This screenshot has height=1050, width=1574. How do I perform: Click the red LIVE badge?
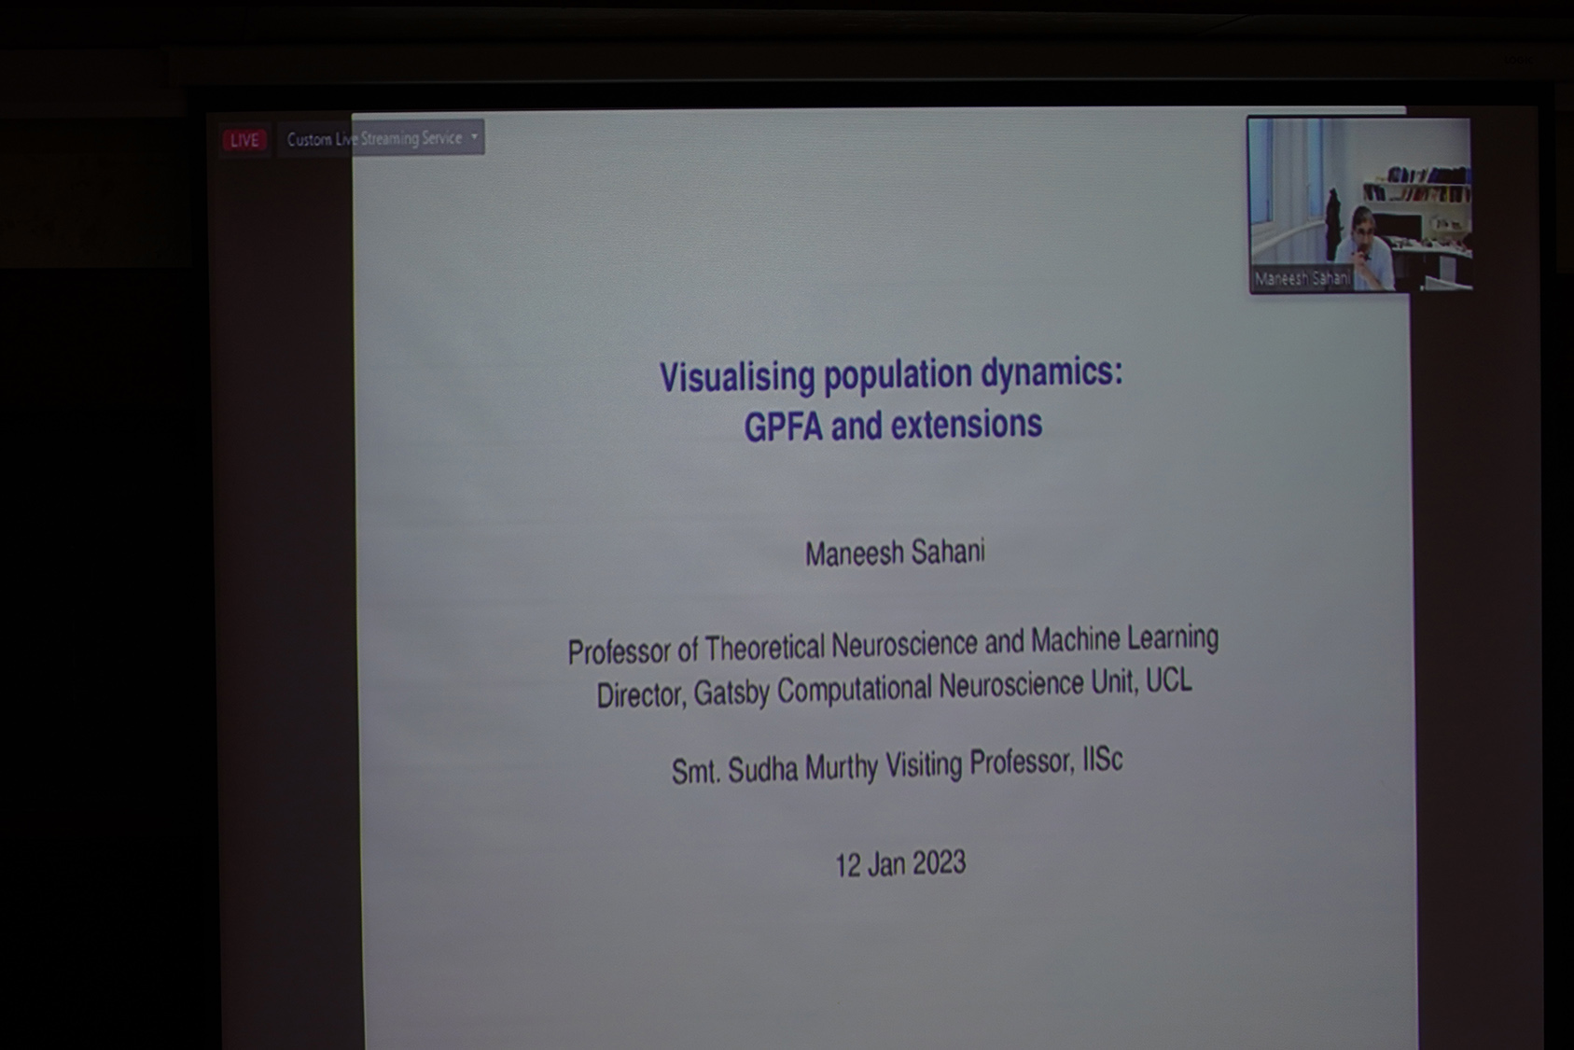click(244, 140)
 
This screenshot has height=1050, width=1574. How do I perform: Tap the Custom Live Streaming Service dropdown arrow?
click(474, 136)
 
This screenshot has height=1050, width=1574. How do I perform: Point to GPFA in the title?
click(783, 426)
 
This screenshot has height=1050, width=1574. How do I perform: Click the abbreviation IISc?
click(1103, 761)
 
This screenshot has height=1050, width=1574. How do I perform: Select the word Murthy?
click(841, 767)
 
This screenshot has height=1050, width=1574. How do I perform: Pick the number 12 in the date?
click(848, 866)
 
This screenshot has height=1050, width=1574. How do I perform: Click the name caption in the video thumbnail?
click(1302, 278)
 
